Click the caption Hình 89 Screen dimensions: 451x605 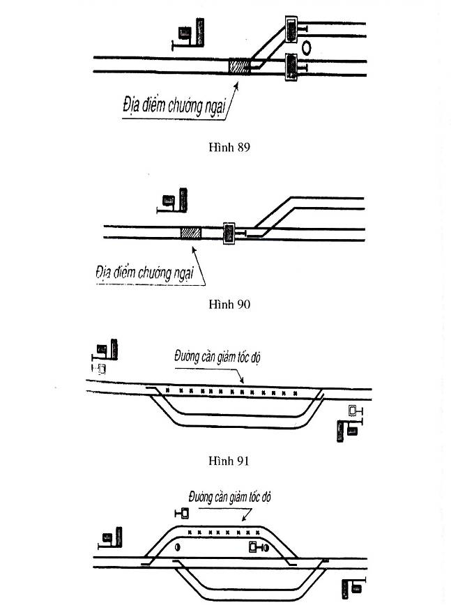tap(229, 147)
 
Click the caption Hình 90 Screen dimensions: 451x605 tap(229, 305)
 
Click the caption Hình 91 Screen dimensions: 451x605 tap(229, 461)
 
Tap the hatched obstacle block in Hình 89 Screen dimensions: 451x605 tap(240, 66)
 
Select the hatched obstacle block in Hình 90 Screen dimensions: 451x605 tap(190, 233)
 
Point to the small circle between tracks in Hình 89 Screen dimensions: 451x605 tap(306, 47)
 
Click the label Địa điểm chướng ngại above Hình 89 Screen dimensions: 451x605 tap(174, 105)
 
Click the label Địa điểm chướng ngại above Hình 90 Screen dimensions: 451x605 tap(145, 273)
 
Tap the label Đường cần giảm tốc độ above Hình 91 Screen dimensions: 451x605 tap(217, 357)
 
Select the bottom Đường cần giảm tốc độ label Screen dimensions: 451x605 tap(230, 497)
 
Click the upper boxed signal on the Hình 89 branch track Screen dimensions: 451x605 tap(291, 29)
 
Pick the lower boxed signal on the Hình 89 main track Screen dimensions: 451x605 tap(291, 67)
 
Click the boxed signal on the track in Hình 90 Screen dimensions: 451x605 tap(229, 233)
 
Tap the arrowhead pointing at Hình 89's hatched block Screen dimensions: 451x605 tap(236, 86)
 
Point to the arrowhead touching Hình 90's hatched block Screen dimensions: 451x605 tap(194, 251)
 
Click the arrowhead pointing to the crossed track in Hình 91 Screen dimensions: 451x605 tap(241, 380)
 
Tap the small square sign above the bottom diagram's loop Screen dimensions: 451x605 tap(182, 514)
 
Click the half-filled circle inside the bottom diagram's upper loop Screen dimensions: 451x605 tap(178, 546)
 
